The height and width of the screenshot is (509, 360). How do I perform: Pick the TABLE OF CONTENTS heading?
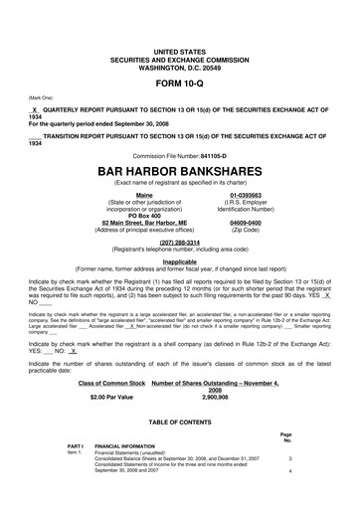[x=180, y=420]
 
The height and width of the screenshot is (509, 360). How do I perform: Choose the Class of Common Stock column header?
[x=113, y=383]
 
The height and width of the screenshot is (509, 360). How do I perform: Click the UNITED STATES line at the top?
[x=180, y=49]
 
